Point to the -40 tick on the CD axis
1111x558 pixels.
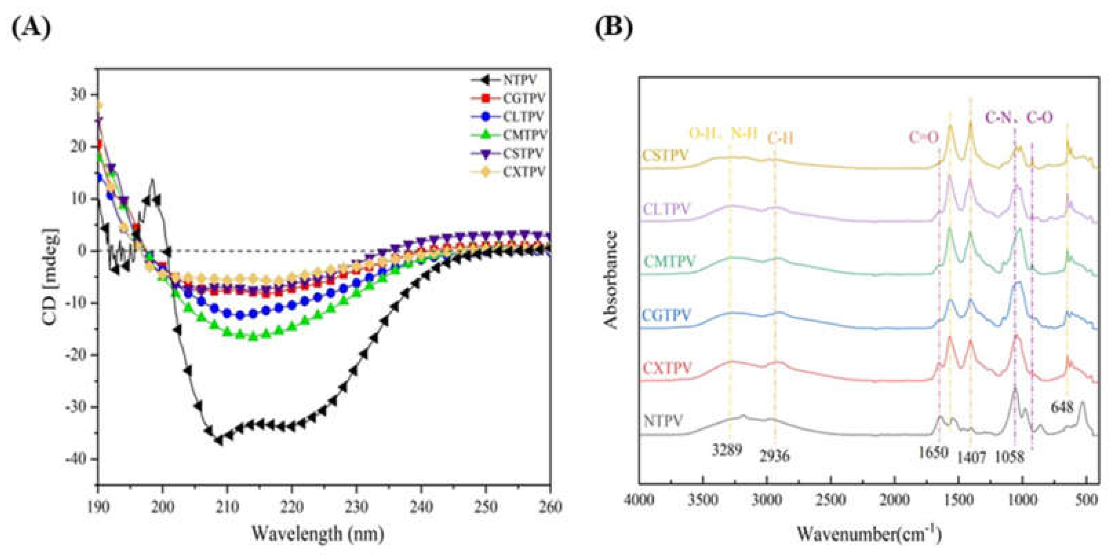point(79,459)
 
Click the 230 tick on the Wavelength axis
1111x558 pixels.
point(356,507)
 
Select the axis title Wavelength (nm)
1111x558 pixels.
point(318,534)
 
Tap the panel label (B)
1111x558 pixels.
point(614,28)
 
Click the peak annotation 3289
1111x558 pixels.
point(727,450)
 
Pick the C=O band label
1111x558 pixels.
point(924,137)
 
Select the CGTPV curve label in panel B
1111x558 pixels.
point(666,316)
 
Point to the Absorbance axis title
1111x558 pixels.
point(611,280)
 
